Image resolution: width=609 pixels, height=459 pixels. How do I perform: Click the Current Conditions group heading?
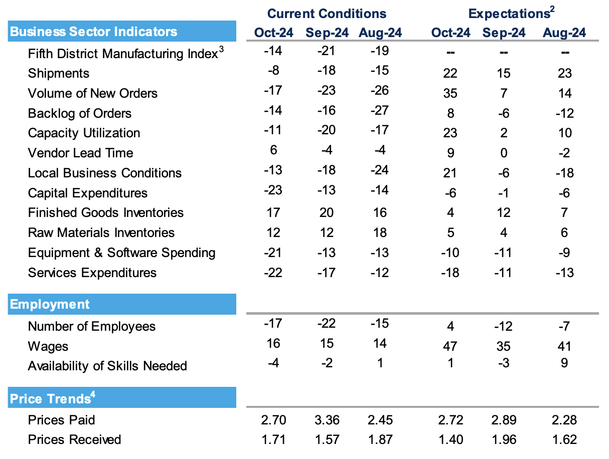327,14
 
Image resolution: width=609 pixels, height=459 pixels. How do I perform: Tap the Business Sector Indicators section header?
94,32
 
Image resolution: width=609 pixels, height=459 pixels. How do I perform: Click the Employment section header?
50,304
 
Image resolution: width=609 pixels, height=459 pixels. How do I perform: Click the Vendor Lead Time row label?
81,153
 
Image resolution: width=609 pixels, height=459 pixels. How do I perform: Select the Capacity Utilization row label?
84,133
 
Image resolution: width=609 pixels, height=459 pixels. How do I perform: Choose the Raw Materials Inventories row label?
101,233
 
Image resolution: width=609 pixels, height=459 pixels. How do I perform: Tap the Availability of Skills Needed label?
107,366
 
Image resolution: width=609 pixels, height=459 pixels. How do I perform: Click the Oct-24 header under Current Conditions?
273,33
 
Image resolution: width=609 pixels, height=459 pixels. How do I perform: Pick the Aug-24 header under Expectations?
564,33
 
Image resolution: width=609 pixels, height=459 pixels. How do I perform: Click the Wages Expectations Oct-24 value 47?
450,346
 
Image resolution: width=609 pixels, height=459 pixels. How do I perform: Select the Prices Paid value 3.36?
327,419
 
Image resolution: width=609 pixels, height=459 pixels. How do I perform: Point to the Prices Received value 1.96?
504,439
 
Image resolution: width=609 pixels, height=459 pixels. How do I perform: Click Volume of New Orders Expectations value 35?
450,93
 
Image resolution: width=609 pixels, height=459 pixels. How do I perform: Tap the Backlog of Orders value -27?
380,110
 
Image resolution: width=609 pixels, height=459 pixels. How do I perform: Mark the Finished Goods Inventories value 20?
327,212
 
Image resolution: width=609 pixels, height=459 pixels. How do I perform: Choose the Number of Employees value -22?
327,323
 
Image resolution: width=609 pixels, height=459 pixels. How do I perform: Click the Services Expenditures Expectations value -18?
450,273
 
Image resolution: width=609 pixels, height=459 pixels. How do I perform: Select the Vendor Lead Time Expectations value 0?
504,153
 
